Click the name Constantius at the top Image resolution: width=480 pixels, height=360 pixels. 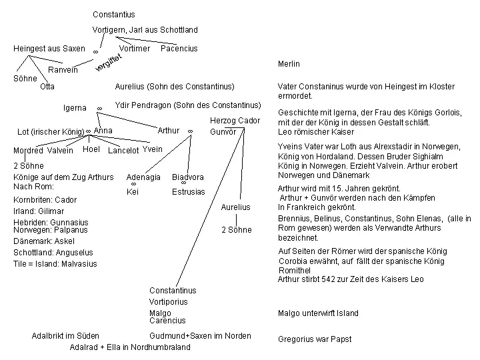pos(114,15)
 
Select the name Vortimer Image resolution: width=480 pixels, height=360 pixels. pos(134,49)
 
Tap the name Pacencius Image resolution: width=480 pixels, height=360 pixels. pos(179,49)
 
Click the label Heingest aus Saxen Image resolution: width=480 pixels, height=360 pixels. pos(49,49)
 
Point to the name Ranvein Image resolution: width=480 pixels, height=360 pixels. pos(63,70)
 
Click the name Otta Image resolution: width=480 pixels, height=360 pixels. pos(47,87)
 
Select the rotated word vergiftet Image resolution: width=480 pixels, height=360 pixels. pos(109,62)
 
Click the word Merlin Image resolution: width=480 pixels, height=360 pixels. pos(289,64)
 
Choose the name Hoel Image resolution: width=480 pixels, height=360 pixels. pos(91,149)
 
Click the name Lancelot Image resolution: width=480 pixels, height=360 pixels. pos(123,151)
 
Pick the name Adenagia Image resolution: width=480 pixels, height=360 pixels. pos(143,177)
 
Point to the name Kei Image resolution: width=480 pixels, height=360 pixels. pos(133,192)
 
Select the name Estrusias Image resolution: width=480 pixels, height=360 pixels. pos(189,192)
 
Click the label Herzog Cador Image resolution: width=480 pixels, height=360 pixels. pos(235,121)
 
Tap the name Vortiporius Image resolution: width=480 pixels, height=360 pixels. pos(169,302)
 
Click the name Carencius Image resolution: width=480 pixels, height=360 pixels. pos(167,321)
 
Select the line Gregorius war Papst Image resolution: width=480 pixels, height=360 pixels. pos(315,339)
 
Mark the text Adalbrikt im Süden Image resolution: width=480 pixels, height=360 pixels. pos(65,336)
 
